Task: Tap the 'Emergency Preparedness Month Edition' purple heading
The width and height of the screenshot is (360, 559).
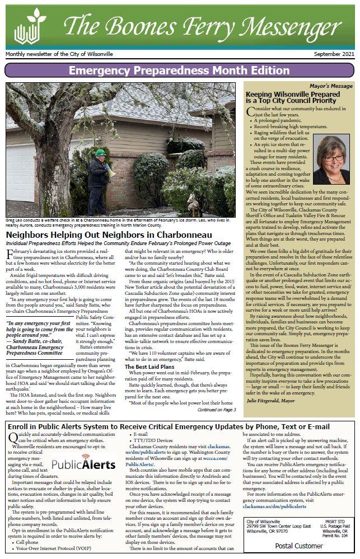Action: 180,70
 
